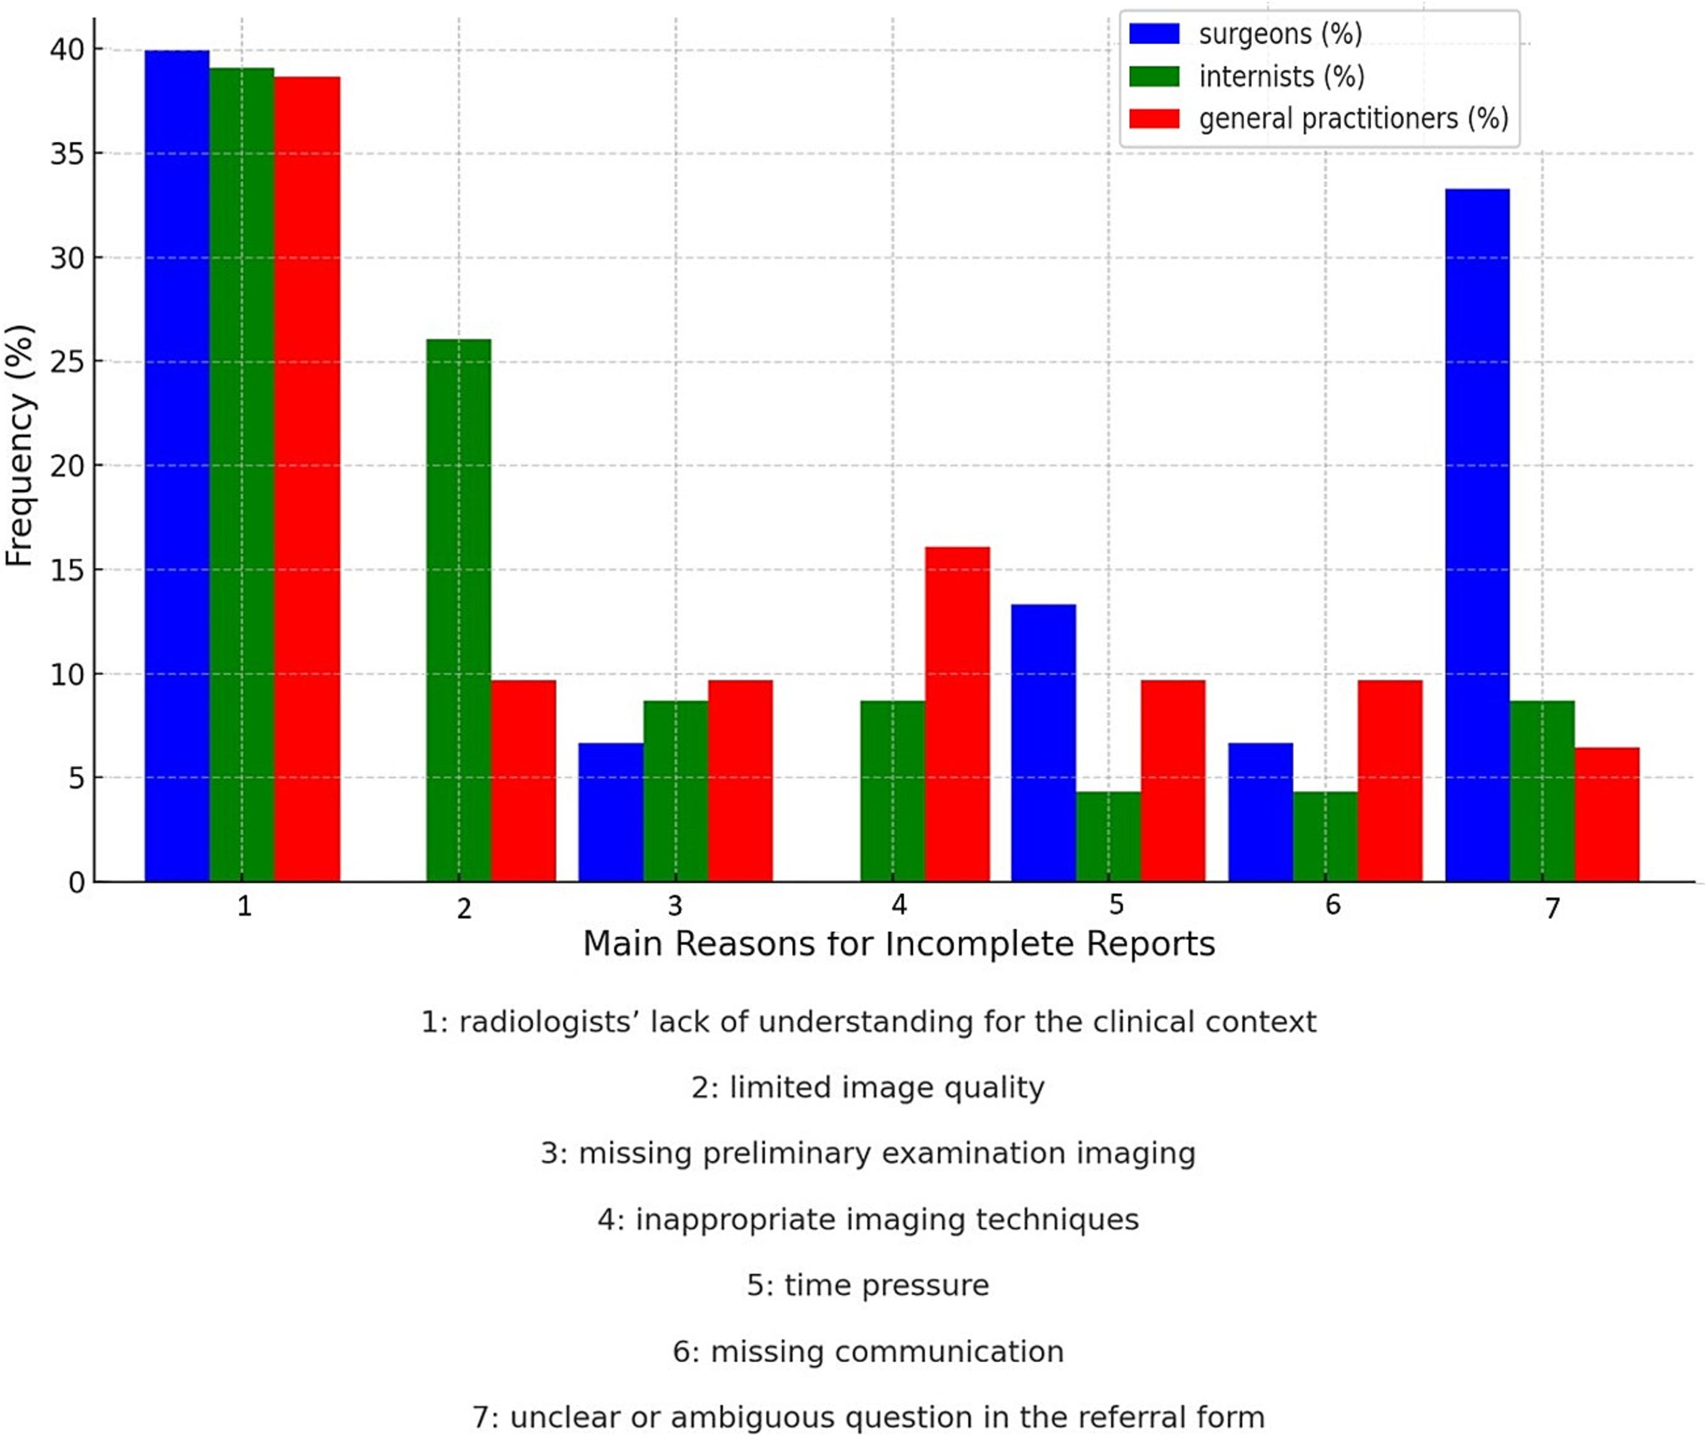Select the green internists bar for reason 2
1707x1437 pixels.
459,610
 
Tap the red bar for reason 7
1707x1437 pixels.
1607,814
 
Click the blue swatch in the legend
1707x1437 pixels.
1154,34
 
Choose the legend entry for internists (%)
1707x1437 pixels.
1281,77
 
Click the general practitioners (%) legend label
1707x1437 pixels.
1353,119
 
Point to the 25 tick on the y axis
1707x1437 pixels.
67,362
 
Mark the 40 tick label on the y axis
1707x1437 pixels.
67,49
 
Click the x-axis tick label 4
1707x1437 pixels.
898,904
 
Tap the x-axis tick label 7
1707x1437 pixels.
1552,908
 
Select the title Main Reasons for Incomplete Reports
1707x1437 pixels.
898,944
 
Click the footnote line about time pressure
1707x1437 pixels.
867,1286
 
